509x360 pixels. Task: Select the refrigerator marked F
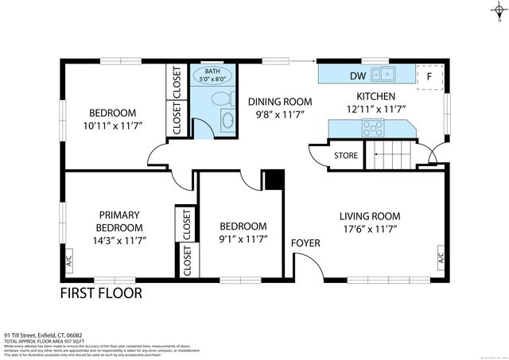point(429,76)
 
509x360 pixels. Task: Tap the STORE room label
point(346,155)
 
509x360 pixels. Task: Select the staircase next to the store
point(390,153)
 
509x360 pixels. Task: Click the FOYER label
point(305,242)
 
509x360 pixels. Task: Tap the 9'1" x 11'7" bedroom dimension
point(243,238)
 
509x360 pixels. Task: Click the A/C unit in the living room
point(440,257)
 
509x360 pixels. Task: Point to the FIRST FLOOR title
point(102,293)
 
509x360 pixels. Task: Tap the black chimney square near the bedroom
point(274,180)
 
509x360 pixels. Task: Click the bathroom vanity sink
point(227,121)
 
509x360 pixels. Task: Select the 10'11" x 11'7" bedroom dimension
point(111,126)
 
